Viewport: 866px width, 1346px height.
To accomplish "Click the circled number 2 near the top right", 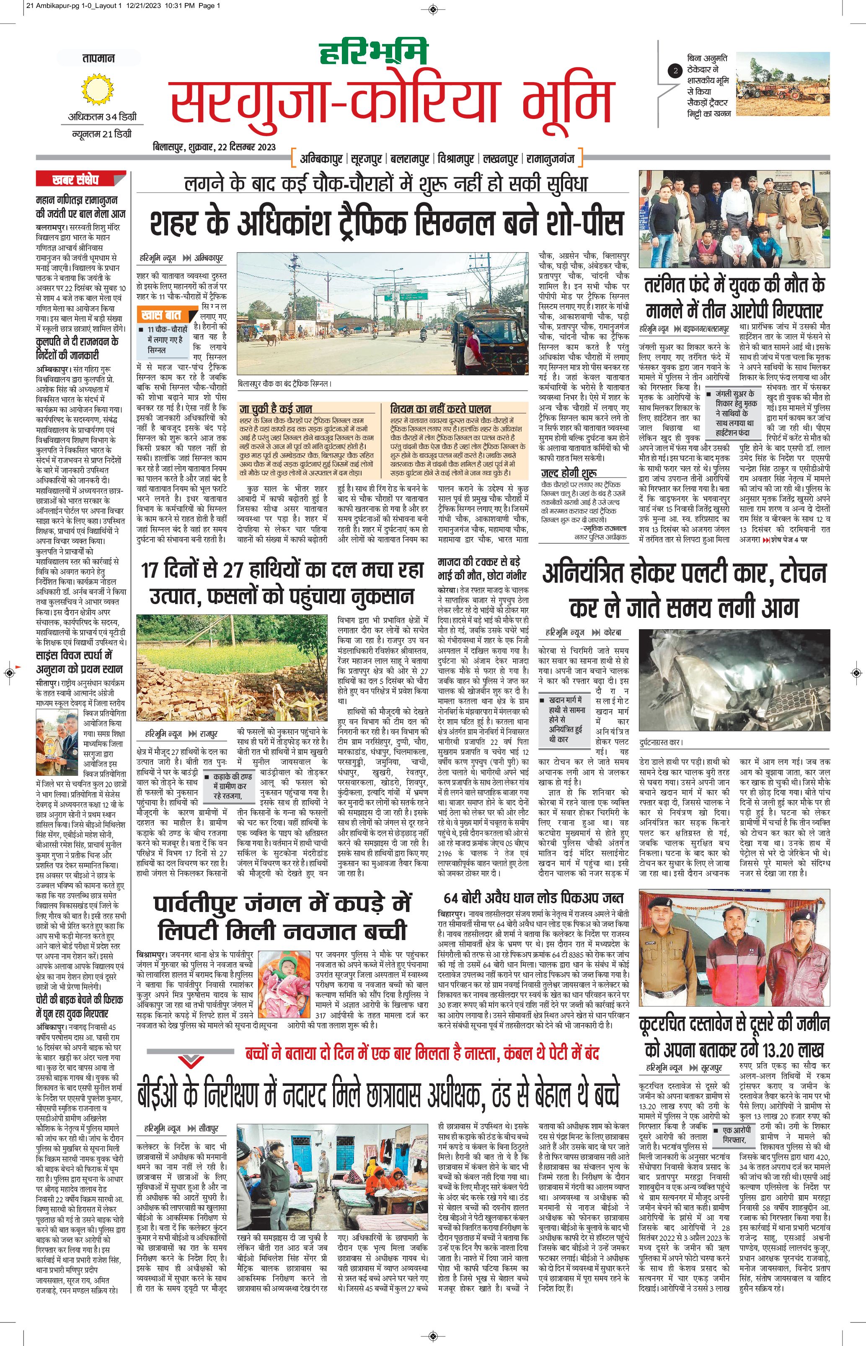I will pos(675,71).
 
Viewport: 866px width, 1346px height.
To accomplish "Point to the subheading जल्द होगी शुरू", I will pos(569,473).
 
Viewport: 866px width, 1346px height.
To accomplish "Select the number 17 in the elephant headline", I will pos(150,571).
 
